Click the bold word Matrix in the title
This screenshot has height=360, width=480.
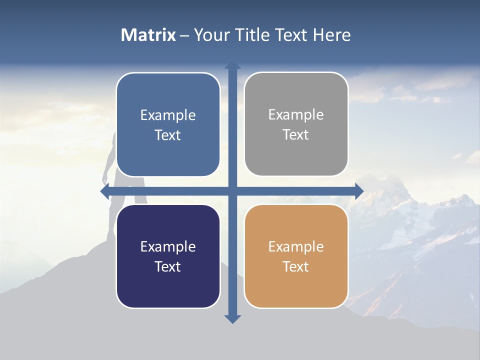click(x=148, y=35)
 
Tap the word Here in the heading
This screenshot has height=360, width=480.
click(x=332, y=35)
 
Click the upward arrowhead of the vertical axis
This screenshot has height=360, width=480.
click(x=232, y=65)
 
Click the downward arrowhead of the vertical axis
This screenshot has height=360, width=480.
click(x=232, y=319)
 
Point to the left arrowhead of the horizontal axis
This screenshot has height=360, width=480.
click(x=104, y=191)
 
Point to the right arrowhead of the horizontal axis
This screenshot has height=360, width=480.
click(x=359, y=191)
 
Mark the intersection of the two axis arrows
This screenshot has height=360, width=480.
click(x=232, y=191)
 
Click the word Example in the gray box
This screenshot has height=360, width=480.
click(x=296, y=115)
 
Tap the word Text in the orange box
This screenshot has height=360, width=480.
click(x=296, y=266)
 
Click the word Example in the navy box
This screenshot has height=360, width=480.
click(x=168, y=246)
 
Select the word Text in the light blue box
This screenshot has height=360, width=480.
click(x=168, y=135)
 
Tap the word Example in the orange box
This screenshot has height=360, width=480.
click(x=296, y=246)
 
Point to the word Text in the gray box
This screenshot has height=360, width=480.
click(x=296, y=135)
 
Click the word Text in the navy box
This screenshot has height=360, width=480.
click(x=168, y=266)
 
